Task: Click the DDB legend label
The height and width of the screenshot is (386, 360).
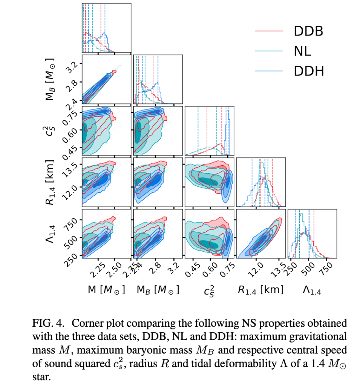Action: [308, 32]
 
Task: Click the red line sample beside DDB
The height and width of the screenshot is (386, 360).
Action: [268, 32]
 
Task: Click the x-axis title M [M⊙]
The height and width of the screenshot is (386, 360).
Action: [107, 289]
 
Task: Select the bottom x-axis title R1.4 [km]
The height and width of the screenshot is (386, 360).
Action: [260, 289]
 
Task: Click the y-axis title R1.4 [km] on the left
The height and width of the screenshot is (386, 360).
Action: [49, 182]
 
